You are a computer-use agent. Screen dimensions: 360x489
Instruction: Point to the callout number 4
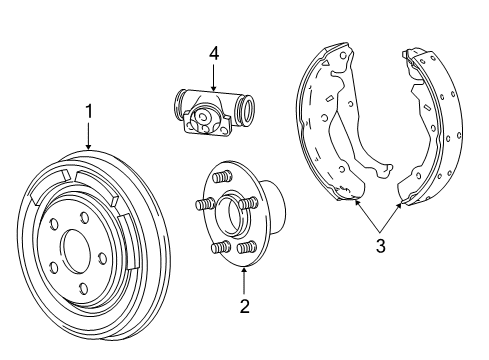pos(212,53)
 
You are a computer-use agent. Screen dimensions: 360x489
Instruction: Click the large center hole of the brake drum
pos(76,247)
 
